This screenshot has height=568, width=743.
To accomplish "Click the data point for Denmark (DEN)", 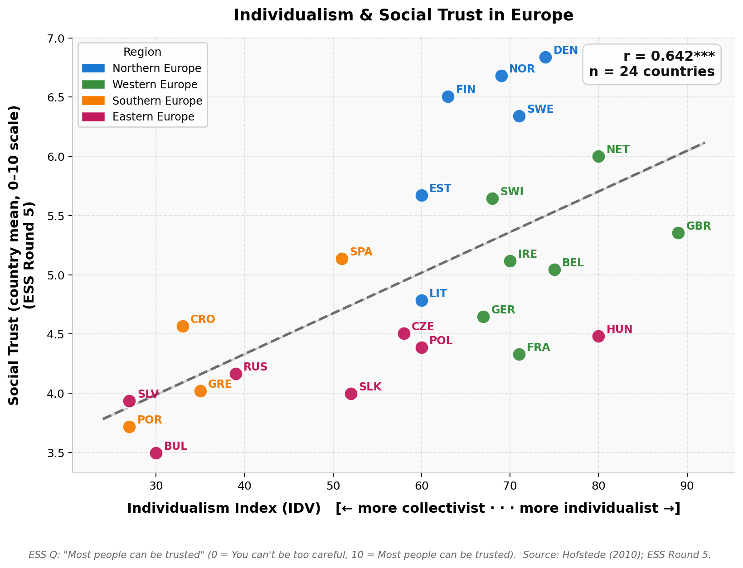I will [545, 57].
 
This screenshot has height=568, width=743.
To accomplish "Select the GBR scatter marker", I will [678, 233].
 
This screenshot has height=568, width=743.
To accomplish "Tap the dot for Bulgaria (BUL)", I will [156, 453].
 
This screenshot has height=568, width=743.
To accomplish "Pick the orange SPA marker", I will [342, 259].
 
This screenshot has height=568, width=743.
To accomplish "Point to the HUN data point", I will [598, 336].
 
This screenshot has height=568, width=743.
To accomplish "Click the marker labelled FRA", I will [519, 354].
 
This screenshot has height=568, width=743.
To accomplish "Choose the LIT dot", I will [422, 300].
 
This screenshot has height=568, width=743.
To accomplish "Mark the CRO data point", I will [183, 326].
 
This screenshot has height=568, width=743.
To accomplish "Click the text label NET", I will [618, 149].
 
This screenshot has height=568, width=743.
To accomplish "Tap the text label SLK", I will [370, 387].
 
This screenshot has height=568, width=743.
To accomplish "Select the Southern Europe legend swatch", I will [93, 101].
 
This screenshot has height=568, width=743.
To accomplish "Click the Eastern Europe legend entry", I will [153, 117].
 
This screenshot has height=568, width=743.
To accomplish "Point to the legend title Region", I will [142, 52].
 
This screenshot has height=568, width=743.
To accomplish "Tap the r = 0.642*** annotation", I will [669, 56].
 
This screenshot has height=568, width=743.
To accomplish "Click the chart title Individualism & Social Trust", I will [403, 15].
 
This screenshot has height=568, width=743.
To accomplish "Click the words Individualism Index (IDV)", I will [224, 508].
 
